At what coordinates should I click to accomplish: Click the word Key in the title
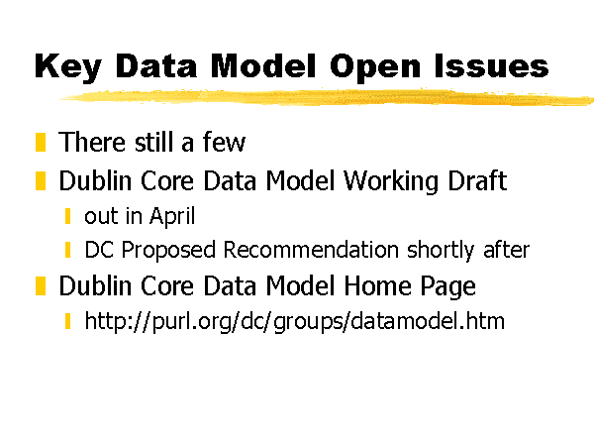tap(68, 66)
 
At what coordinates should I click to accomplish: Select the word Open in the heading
tap(375, 67)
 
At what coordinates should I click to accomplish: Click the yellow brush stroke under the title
tap(326, 97)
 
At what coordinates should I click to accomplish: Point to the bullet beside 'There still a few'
tap(41, 142)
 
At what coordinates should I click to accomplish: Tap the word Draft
tap(477, 180)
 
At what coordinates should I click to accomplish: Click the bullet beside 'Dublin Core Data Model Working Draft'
tap(41, 180)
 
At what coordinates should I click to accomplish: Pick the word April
tap(172, 216)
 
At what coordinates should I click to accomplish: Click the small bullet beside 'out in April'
tap(67, 216)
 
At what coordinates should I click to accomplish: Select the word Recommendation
tap(311, 250)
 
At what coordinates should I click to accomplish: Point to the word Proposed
tap(168, 251)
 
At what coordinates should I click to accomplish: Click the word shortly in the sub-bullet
tap(441, 251)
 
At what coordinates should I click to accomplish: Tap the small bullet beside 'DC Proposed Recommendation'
tap(67, 250)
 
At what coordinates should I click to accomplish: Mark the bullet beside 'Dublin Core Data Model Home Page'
tap(41, 285)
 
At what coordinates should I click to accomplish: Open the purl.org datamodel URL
tap(294, 321)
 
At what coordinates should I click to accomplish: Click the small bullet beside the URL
tap(67, 321)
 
